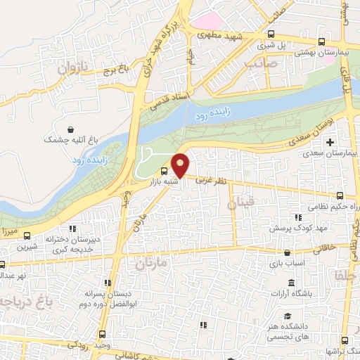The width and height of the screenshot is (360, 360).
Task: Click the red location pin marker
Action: [x=181, y=165]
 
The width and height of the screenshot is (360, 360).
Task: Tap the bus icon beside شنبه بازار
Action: [x=164, y=170]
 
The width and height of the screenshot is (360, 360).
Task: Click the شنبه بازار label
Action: [x=160, y=181]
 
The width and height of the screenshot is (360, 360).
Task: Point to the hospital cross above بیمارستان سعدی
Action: [x=330, y=141]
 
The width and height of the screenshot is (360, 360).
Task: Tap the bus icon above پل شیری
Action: [x=271, y=33]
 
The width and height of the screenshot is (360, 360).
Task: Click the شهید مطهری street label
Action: [x=218, y=34]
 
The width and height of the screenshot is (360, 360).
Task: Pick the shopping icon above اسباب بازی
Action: [x=286, y=252]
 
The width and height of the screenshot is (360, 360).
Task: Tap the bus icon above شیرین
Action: [x=27, y=236]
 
